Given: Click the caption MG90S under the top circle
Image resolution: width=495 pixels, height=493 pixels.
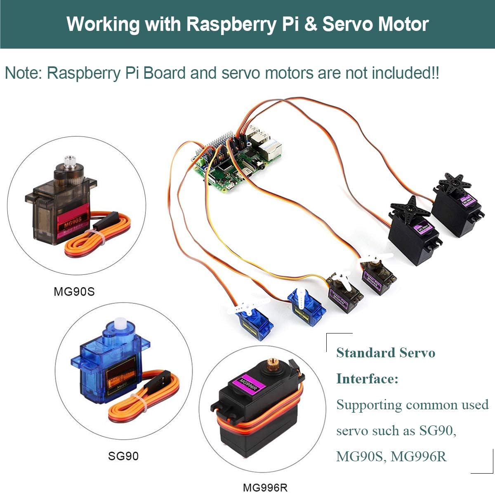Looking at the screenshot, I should click(74, 291).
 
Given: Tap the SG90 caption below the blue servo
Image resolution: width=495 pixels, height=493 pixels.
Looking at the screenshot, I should click(123, 456).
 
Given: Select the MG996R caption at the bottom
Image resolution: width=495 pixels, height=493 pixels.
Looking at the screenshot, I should click(265, 488).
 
